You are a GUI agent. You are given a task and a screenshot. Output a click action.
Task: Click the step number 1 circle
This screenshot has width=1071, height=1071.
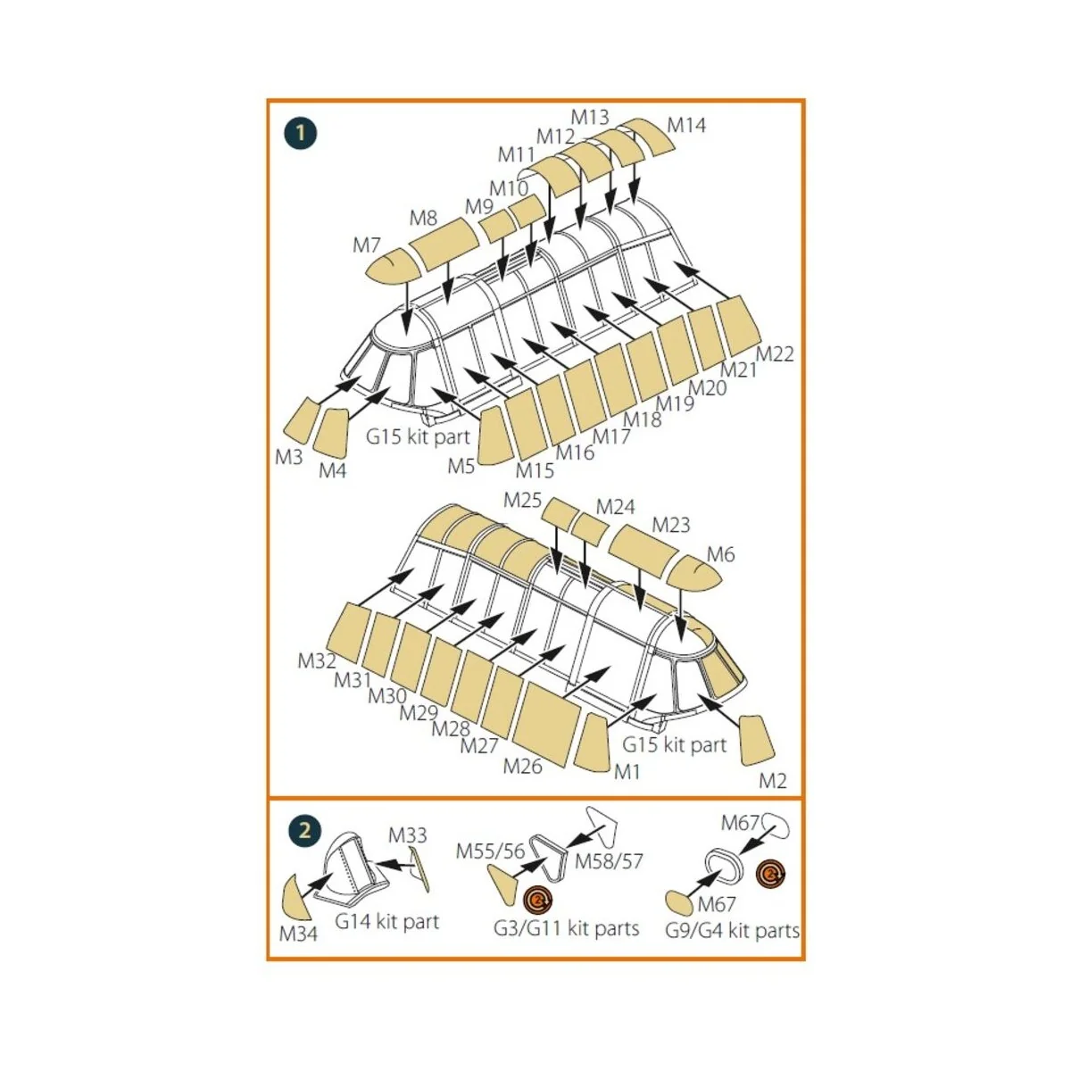(x=301, y=133)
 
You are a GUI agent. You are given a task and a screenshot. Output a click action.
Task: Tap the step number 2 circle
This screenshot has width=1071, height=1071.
(x=304, y=830)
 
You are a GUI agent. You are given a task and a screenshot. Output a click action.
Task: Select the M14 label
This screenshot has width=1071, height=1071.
(x=686, y=125)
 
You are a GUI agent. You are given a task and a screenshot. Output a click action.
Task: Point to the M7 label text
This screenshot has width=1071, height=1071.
(x=367, y=245)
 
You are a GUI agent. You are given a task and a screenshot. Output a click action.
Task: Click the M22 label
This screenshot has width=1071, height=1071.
(x=775, y=353)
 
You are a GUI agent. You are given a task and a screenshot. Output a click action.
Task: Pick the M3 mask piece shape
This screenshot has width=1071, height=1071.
(x=300, y=421)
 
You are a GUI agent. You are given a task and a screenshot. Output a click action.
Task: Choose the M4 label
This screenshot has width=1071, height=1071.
(x=332, y=470)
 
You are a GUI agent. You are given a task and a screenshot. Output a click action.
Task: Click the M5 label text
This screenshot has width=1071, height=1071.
(x=461, y=465)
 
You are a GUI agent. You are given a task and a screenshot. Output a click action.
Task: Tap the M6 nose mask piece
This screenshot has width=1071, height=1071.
(x=695, y=574)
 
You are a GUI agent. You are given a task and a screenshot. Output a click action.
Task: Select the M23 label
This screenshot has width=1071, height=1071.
(x=671, y=525)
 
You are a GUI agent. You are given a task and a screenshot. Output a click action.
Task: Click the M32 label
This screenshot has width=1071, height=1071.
(x=317, y=661)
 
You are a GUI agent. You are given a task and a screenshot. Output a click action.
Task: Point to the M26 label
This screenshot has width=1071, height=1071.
(x=522, y=766)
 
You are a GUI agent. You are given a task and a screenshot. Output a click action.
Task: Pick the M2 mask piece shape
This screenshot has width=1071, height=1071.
(x=759, y=739)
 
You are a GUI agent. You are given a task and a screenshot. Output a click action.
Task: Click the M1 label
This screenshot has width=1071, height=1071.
(x=627, y=771)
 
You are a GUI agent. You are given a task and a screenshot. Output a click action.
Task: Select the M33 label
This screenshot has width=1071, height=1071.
(x=408, y=835)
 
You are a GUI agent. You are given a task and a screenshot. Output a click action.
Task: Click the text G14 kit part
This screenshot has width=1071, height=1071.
(x=387, y=922)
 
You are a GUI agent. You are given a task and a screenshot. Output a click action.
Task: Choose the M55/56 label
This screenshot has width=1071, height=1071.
(x=491, y=851)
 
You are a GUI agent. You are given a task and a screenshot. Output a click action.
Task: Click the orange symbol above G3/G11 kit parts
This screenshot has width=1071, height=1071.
(x=538, y=902)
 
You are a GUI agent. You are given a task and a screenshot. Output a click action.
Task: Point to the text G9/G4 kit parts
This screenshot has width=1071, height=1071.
(x=732, y=931)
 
